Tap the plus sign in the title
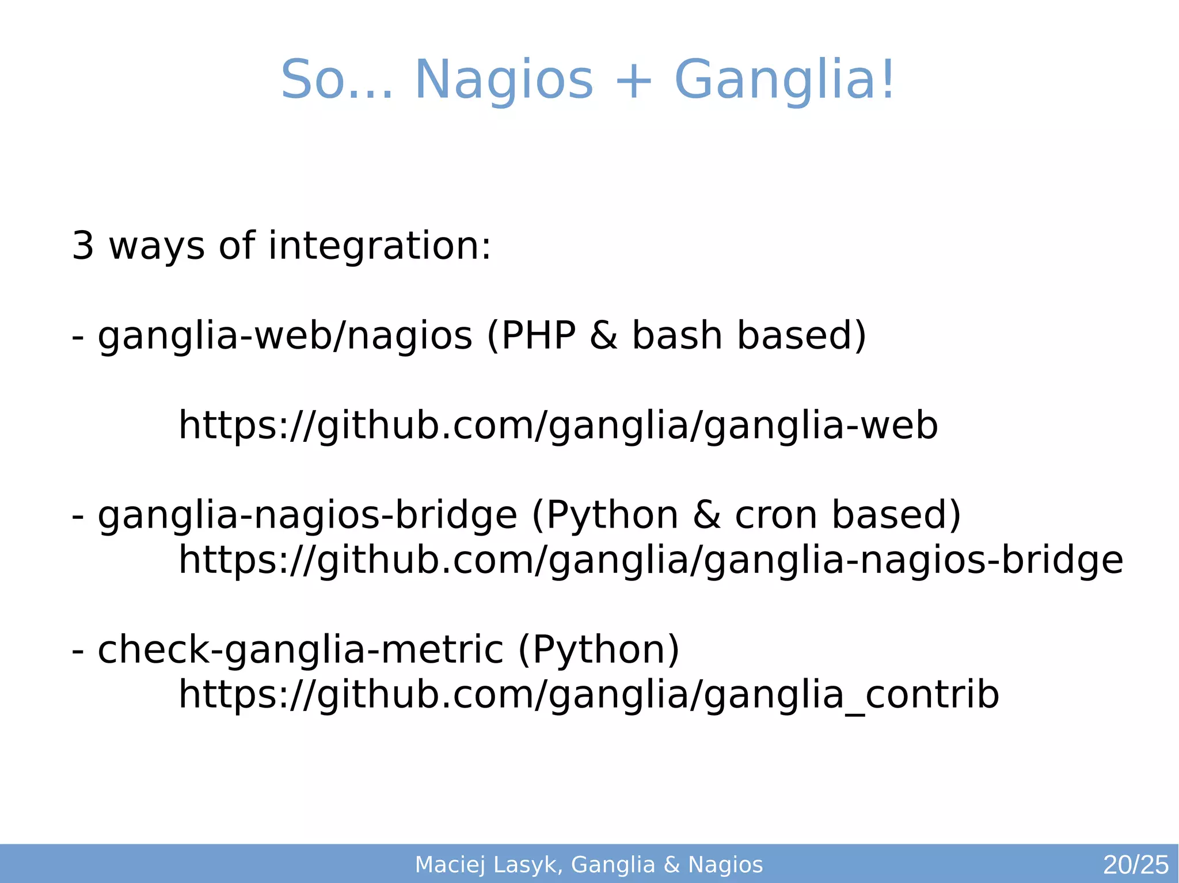633,81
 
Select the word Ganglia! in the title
784,81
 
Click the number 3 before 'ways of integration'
83,246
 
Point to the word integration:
380,246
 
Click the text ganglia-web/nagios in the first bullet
285,336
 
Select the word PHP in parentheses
539,336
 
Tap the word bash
677,336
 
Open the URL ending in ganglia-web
558,426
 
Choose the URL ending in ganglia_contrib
588,695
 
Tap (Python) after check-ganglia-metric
599,650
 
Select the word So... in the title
337,81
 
